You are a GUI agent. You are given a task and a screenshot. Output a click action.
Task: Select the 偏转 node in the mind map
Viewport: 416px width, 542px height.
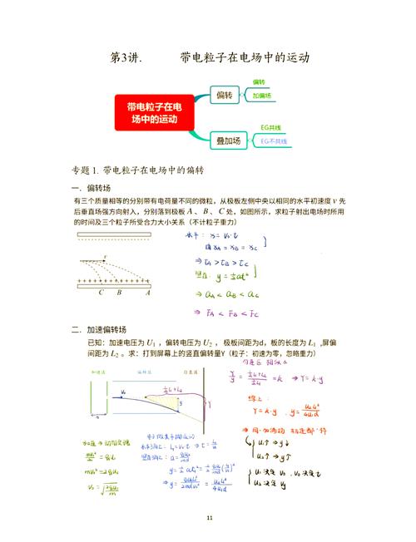point(224,96)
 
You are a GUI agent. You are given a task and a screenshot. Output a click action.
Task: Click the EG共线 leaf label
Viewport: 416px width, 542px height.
point(270,128)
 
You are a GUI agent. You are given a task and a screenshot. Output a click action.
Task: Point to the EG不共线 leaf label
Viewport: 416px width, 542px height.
point(274,142)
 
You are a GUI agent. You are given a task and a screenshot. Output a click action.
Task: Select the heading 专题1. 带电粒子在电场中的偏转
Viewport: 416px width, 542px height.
point(138,170)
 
